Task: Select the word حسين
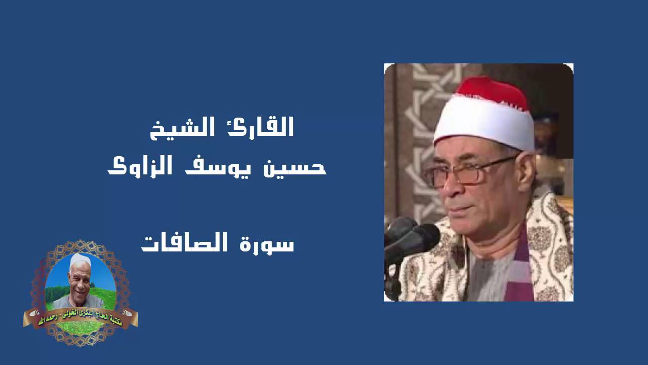tap(299, 167)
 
